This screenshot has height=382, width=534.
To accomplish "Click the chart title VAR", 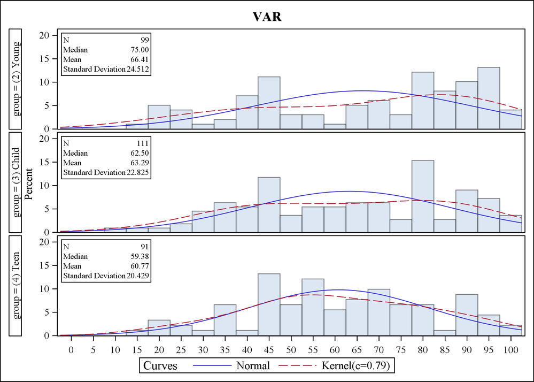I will pos(267,17).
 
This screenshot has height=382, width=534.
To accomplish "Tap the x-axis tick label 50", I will pos(290,350).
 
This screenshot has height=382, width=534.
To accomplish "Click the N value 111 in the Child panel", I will pos(142,143).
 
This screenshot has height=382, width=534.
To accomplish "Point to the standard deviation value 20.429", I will pos(137,276).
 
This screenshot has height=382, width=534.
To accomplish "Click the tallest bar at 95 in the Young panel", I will pos(489,98).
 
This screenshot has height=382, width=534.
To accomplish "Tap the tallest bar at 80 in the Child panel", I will pos(422,196).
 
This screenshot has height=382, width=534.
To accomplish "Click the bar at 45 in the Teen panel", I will pos(268,305).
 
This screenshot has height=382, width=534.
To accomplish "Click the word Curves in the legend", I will pos(161,366).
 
